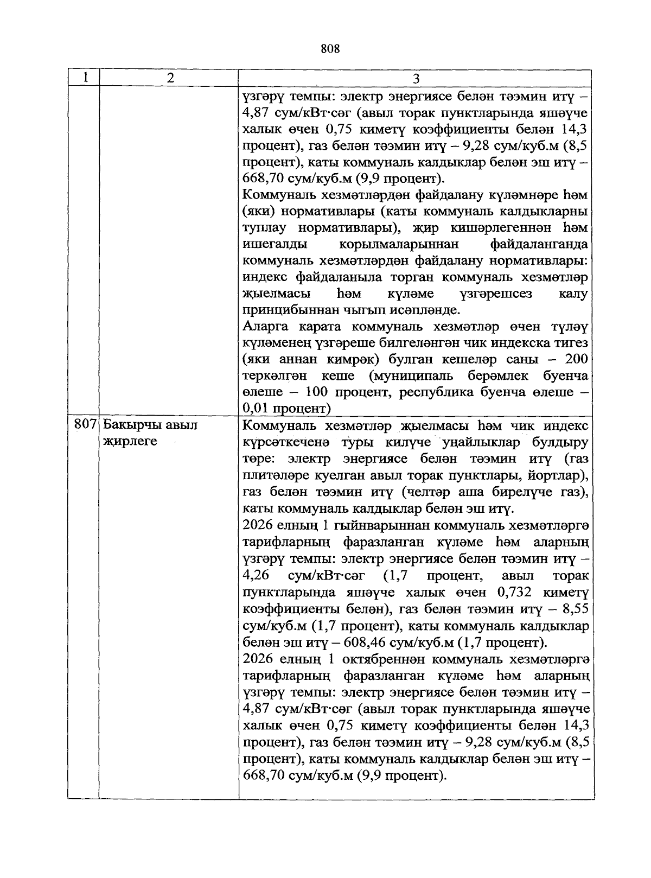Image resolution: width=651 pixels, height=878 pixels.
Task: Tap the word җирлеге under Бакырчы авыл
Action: pos(130,441)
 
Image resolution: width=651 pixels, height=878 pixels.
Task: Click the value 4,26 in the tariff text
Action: pos(257,576)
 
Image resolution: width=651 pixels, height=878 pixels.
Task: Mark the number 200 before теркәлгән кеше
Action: pos(576,359)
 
